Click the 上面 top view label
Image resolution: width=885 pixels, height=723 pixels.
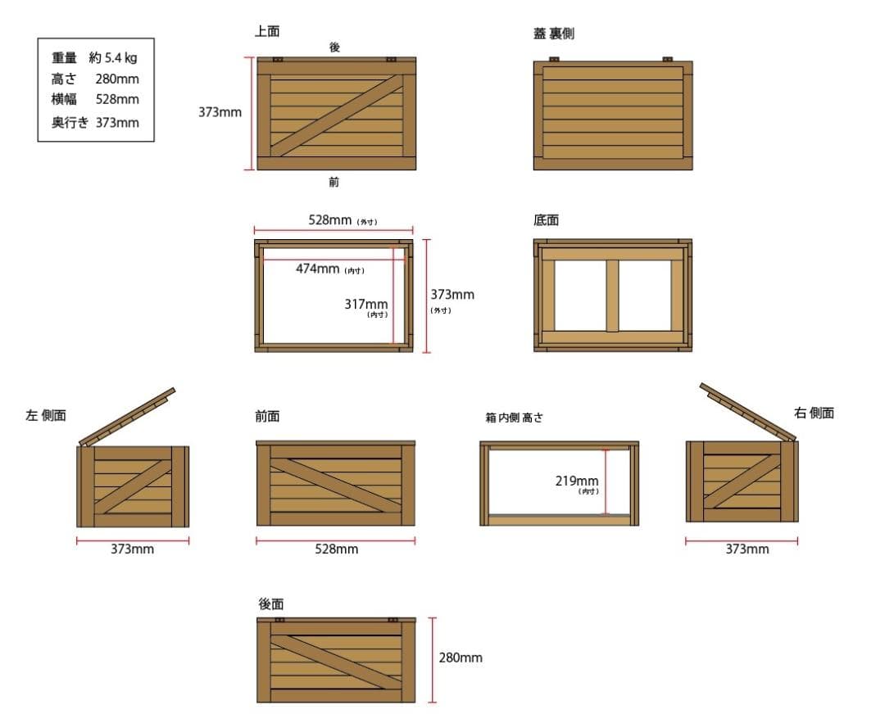click(267, 32)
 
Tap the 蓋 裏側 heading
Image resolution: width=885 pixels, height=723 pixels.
click(553, 34)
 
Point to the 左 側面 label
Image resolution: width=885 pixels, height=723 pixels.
click(46, 416)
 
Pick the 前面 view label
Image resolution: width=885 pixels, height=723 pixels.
click(267, 416)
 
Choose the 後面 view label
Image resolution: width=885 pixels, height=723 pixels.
click(271, 603)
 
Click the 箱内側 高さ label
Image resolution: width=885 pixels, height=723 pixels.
click(514, 418)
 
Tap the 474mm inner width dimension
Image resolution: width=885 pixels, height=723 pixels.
click(317, 269)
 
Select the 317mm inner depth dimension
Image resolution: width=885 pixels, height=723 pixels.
click(365, 304)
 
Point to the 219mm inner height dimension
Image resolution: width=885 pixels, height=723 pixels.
click(577, 481)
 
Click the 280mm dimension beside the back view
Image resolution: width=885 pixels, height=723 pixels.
click(461, 657)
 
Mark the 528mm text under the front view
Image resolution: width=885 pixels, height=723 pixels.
click(336, 549)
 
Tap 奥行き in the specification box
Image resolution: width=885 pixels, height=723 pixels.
click(70, 123)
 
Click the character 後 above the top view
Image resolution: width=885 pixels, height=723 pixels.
click(334, 47)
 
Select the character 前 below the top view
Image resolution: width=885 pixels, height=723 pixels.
click(334, 182)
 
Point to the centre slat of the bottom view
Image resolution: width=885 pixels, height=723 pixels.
click(612, 296)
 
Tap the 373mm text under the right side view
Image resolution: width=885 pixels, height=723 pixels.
click(747, 549)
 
